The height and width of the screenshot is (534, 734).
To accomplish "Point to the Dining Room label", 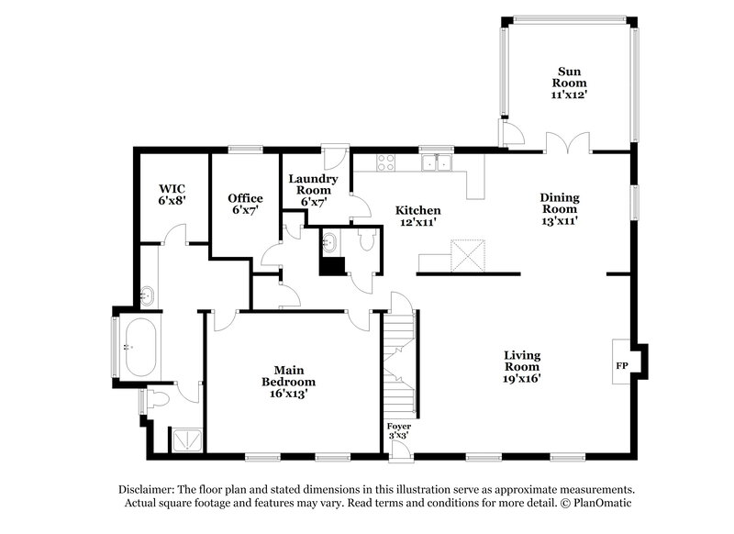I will [x=559, y=208].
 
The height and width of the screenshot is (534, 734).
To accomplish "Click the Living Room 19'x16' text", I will [x=521, y=366].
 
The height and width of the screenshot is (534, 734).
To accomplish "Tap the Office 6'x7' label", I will [x=245, y=204].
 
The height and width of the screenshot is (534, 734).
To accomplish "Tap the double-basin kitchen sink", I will [x=437, y=162].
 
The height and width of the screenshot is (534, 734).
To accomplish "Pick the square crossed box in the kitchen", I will [x=467, y=254].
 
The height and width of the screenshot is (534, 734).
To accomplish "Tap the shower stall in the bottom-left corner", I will [x=188, y=440].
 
